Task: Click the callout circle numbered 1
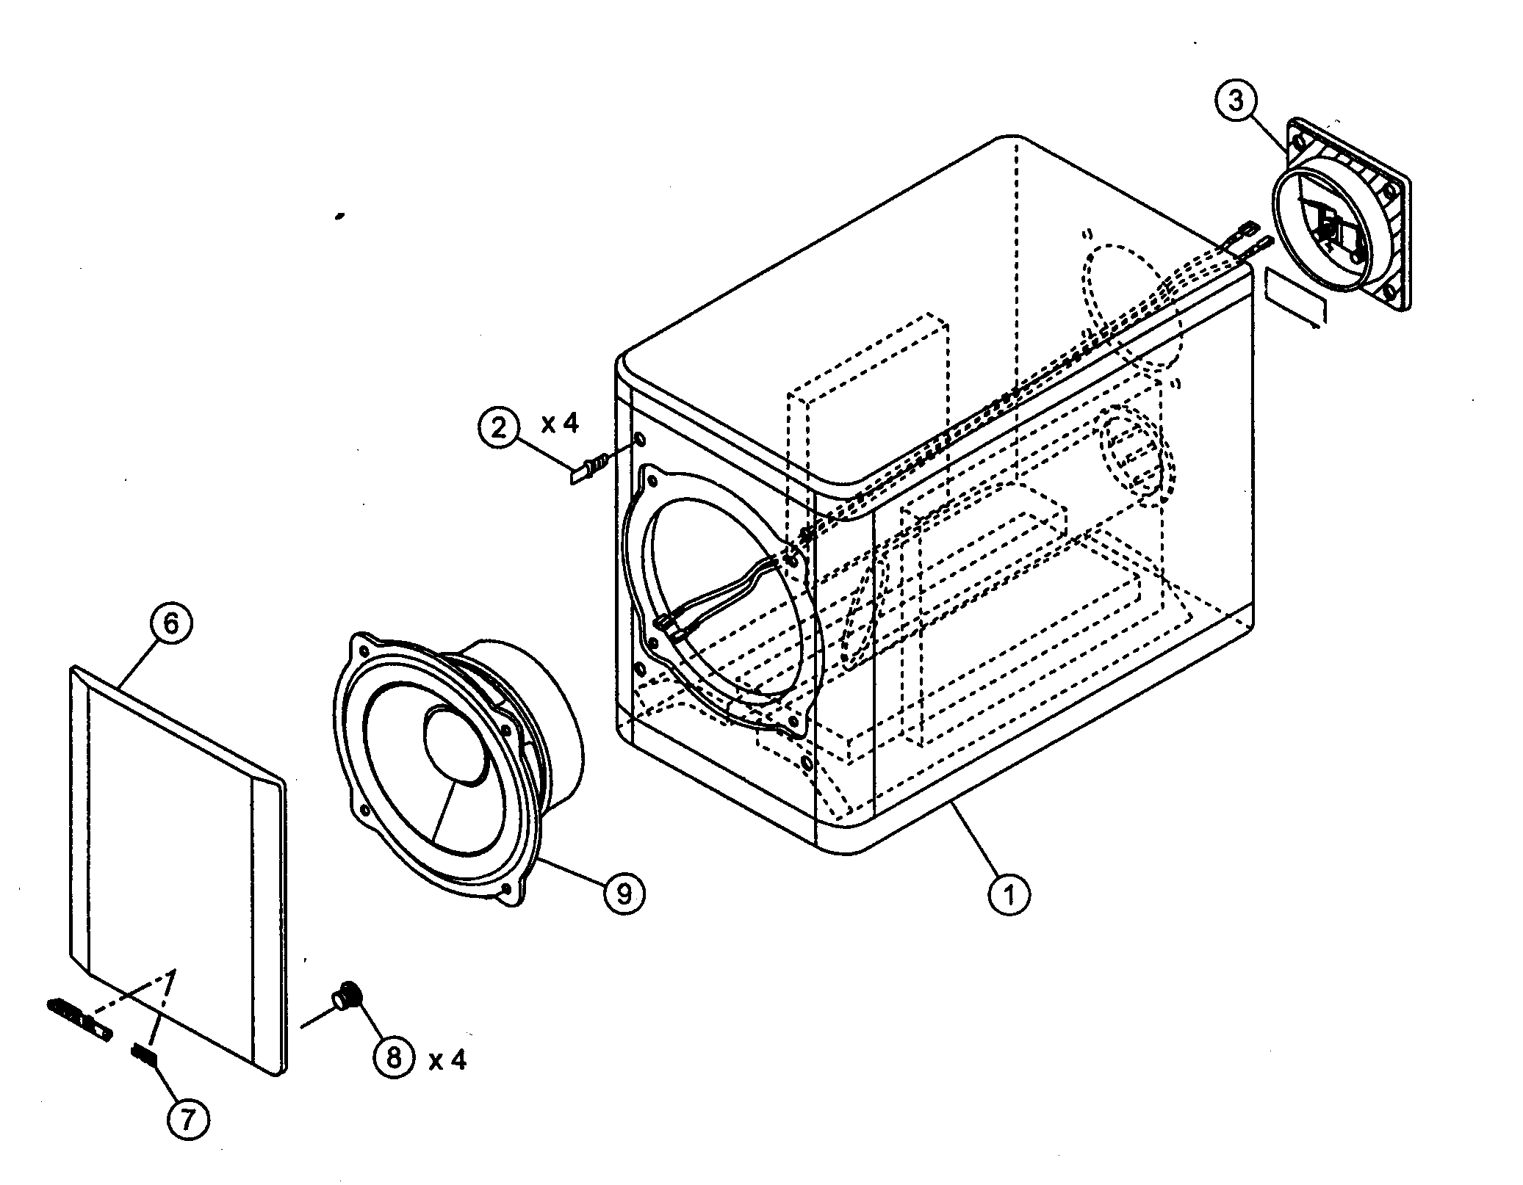(x=1009, y=894)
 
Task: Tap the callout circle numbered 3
(x=1236, y=101)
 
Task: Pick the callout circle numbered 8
(x=394, y=1057)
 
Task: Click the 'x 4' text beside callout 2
(x=560, y=423)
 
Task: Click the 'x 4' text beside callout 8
(x=447, y=1059)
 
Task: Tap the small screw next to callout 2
(x=590, y=468)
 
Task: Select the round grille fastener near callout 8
(x=348, y=996)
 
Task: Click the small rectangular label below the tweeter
(x=1296, y=297)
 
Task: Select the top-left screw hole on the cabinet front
(x=638, y=441)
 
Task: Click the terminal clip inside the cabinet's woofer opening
(x=666, y=623)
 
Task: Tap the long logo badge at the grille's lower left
(x=79, y=1017)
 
